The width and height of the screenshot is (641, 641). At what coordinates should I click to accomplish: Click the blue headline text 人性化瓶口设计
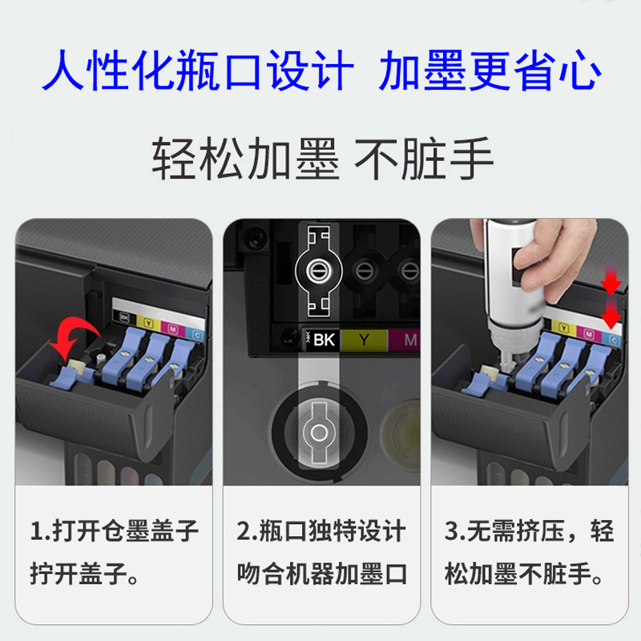196,71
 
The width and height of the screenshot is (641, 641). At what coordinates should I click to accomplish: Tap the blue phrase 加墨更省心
490,71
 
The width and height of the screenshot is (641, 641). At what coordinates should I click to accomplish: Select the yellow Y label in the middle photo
365,340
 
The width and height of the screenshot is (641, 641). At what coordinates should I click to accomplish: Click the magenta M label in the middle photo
409,340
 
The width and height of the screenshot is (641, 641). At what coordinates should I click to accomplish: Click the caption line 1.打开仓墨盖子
115,531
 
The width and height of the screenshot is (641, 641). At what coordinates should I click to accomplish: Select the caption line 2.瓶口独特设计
321,531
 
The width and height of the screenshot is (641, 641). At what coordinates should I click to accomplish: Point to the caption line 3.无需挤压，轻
529,531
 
